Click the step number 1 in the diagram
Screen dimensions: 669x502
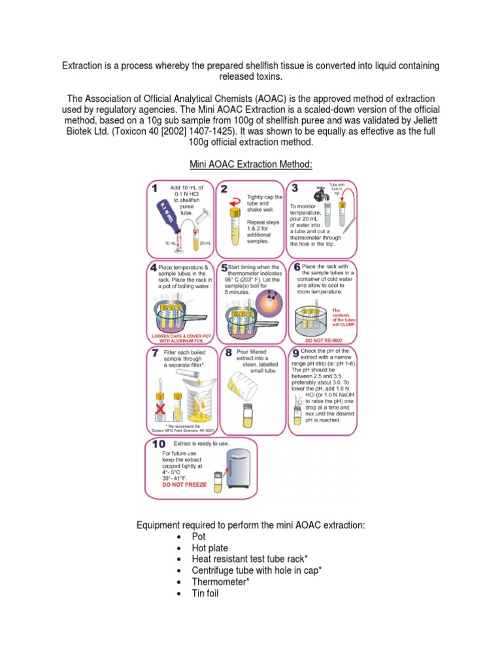[x=155, y=189]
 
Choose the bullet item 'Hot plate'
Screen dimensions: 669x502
[x=210, y=548]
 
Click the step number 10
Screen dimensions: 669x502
[x=158, y=445]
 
